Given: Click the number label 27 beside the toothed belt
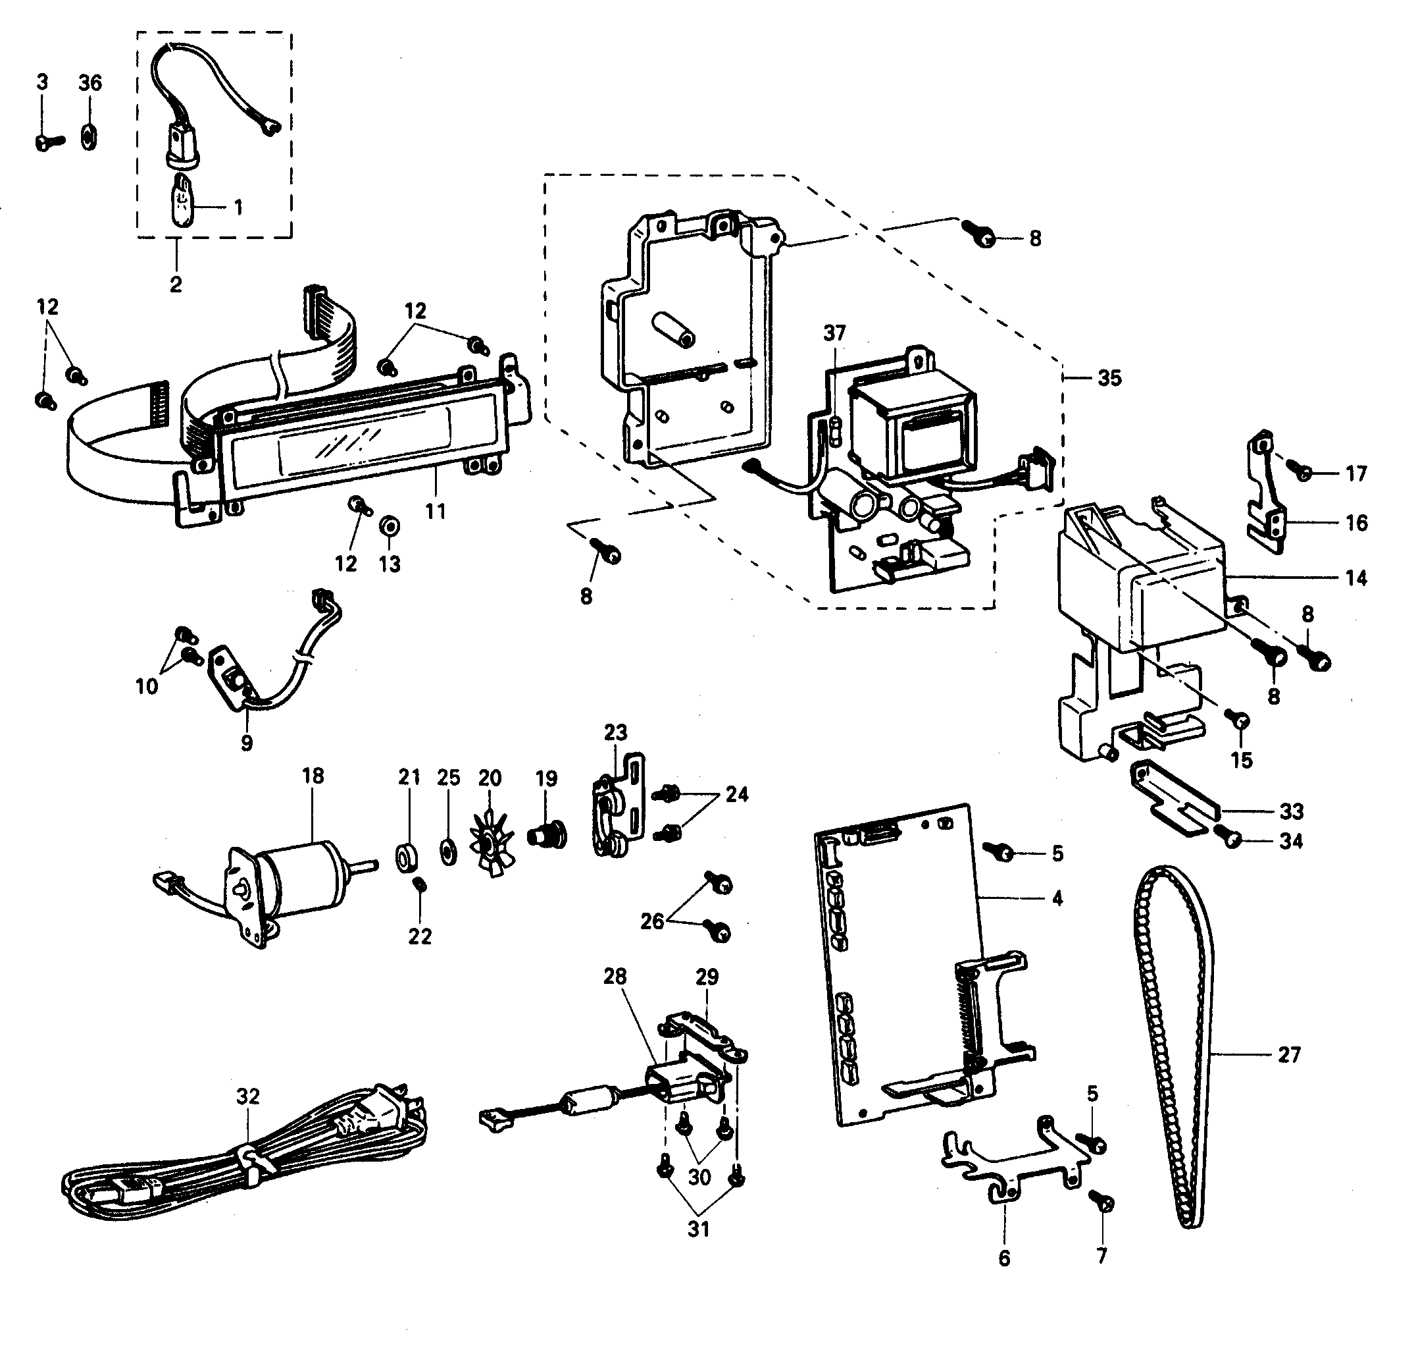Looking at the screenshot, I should click(1289, 1055).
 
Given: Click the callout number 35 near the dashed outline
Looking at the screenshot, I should click(1109, 378).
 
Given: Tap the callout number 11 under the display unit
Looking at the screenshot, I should click(435, 512).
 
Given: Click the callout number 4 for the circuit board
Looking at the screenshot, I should click(1057, 898).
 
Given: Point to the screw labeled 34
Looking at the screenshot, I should click(1231, 838).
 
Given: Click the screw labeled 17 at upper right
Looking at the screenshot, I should click(1300, 472).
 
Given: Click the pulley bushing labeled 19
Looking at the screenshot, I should click(547, 836).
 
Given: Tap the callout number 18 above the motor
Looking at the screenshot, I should click(313, 776).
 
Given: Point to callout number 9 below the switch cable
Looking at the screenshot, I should click(247, 743).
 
